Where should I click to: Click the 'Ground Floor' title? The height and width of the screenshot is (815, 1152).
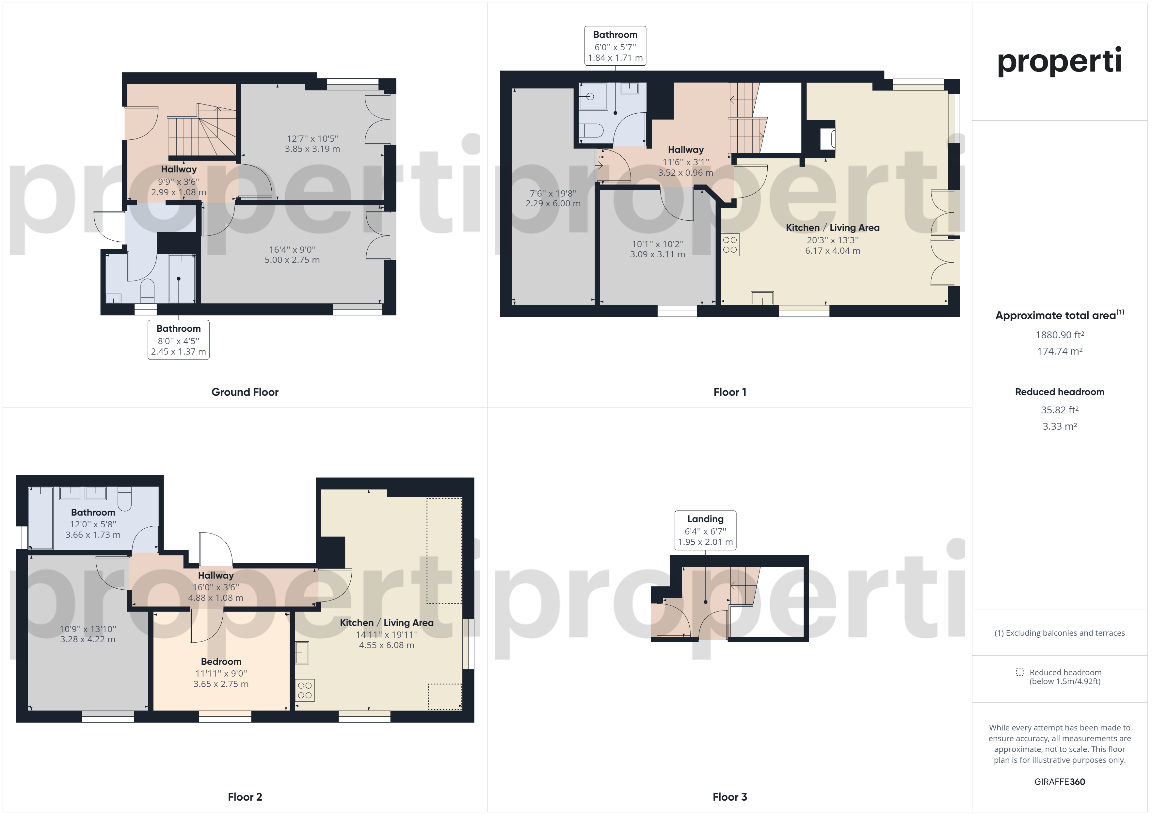click(245, 392)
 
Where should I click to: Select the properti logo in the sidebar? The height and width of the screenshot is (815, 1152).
click(1059, 61)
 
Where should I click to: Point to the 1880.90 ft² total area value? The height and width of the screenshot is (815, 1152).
click(1060, 335)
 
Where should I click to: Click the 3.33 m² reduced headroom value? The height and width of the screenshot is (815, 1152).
click(1060, 426)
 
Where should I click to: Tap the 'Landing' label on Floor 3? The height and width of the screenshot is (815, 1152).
click(705, 519)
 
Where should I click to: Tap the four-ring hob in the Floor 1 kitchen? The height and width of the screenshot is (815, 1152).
click(730, 245)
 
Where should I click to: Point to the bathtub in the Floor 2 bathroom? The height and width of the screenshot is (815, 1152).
click(40, 518)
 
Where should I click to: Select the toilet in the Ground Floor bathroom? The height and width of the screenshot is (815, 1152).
click(147, 291)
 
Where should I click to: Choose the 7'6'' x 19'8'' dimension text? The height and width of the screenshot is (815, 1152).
click(553, 193)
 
